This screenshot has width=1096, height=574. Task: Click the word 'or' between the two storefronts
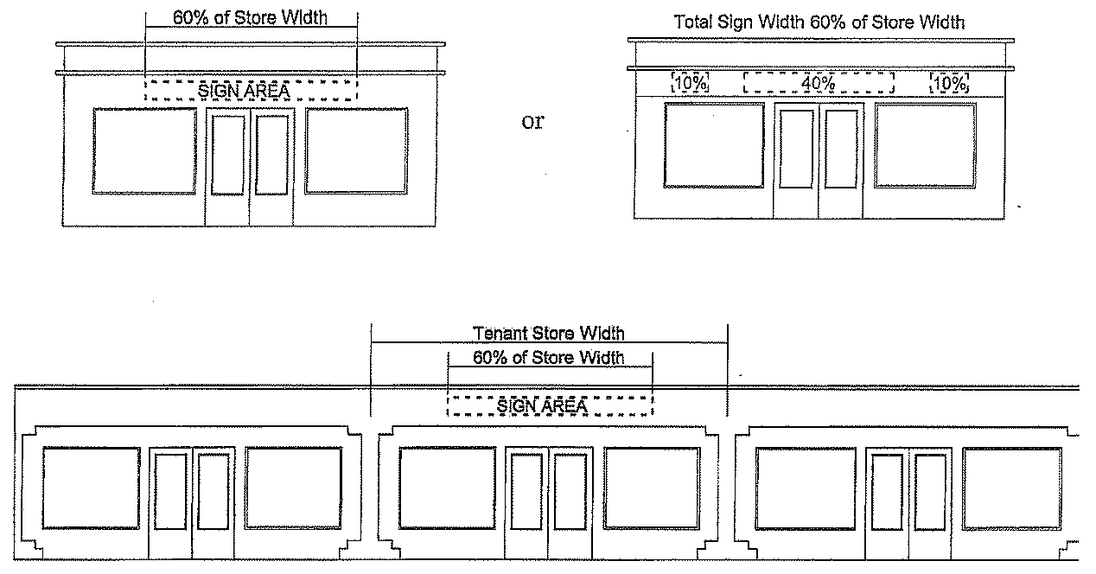(x=532, y=122)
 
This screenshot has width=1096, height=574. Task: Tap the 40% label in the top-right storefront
(x=818, y=84)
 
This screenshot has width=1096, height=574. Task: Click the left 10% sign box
(x=691, y=84)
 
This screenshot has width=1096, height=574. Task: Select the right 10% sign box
(x=949, y=84)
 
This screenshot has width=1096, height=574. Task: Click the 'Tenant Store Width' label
(x=549, y=333)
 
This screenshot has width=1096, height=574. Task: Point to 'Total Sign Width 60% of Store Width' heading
(x=819, y=22)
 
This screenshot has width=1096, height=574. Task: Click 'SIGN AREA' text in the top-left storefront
(x=244, y=90)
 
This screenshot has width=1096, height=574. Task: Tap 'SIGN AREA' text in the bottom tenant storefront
(x=543, y=405)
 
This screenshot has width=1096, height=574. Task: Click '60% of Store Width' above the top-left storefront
(x=250, y=17)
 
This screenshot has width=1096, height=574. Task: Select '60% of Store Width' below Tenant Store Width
(x=549, y=358)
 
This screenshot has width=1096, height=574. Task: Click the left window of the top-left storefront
(x=144, y=150)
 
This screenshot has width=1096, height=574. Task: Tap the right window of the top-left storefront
(x=356, y=150)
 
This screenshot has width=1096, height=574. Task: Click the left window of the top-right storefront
(x=714, y=145)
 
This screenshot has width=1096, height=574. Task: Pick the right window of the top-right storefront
(x=925, y=145)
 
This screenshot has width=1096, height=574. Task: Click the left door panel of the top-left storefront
(x=228, y=155)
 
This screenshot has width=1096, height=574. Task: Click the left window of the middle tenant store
(x=447, y=488)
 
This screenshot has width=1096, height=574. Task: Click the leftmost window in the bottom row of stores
(x=91, y=488)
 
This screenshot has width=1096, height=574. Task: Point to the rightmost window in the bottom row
(x=1011, y=488)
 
